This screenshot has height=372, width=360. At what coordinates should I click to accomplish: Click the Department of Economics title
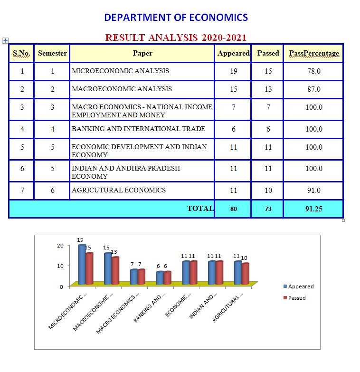pyautogui.click(x=176, y=18)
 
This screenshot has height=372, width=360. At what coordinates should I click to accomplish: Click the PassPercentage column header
pyautogui.click(x=314, y=53)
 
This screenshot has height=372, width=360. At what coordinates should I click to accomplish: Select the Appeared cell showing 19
pyautogui.click(x=233, y=71)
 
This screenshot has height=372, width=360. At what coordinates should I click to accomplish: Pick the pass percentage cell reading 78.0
pyautogui.click(x=314, y=71)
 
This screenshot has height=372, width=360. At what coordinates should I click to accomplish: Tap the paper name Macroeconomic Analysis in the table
pyautogui.click(x=122, y=89)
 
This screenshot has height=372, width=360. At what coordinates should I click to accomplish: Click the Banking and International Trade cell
pyautogui.click(x=138, y=129)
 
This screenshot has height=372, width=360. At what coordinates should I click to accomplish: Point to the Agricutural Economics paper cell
pyautogui.click(x=119, y=190)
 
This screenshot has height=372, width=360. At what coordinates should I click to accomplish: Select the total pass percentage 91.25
pyautogui.click(x=314, y=209)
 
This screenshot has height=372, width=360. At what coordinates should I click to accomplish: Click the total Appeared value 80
pyautogui.click(x=233, y=209)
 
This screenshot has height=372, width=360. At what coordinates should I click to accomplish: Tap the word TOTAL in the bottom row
pyautogui.click(x=200, y=208)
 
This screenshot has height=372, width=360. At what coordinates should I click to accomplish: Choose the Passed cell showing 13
pyautogui.click(x=268, y=89)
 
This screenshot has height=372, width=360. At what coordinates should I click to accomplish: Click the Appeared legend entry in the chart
pyautogui.click(x=299, y=286)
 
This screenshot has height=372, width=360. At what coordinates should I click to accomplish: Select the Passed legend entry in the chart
pyautogui.click(x=294, y=298)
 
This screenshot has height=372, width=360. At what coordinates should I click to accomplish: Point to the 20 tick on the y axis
pyautogui.click(x=60, y=246)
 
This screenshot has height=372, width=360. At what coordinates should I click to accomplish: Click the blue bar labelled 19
pyautogui.click(x=82, y=264)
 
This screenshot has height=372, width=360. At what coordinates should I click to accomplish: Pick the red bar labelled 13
pyautogui.click(x=115, y=270)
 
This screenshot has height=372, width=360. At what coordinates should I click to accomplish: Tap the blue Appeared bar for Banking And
pyautogui.click(x=160, y=278)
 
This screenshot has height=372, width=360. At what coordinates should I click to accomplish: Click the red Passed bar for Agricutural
pyautogui.click(x=245, y=274)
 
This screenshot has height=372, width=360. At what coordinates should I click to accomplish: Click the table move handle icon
pyautogui.click(x=5, y=40)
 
